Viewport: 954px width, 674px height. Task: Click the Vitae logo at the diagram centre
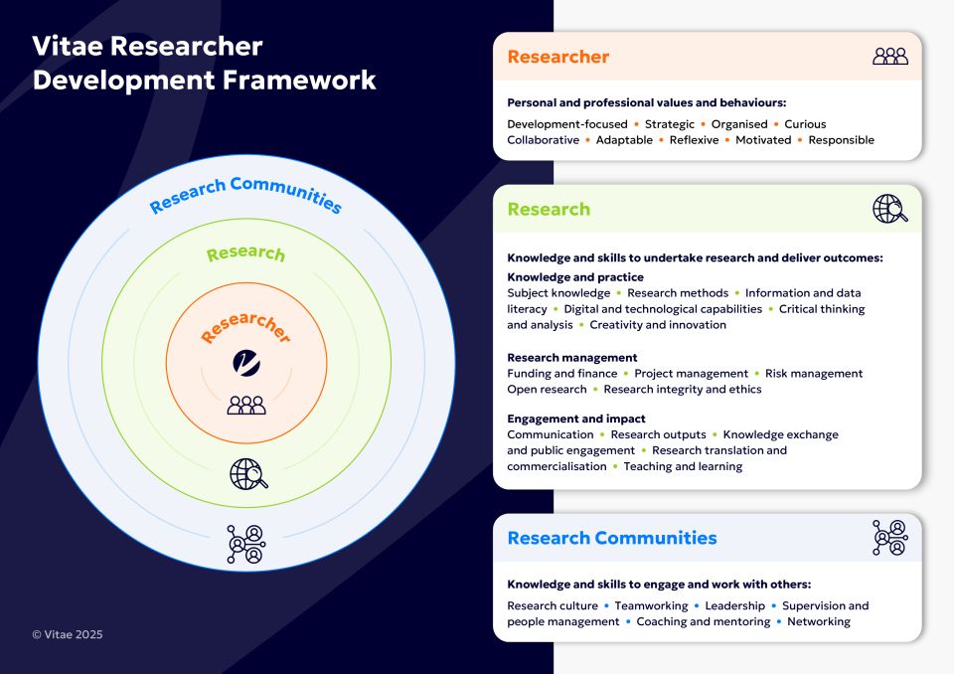coord(245,363)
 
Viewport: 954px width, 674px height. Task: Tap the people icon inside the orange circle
coord(246,405)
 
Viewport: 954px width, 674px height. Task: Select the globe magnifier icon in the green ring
coord(248,474)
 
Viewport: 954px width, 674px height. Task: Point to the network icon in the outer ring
coord(245,544)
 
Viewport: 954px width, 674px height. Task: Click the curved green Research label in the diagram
coord(245,254)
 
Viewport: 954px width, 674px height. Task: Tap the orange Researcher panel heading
coord(557,57)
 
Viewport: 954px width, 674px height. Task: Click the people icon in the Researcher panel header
coord(889,57)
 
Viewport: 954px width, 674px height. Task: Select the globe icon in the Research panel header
coord(889,209)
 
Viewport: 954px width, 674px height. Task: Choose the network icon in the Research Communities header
coord(889,537)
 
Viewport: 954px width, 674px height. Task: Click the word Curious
coord(805,124)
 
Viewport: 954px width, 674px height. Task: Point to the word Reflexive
coord(694,140)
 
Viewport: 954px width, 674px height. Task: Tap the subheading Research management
coord(571,357)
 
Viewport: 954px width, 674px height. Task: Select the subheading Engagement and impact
coord(575,419)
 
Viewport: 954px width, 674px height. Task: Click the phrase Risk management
coord(813,373)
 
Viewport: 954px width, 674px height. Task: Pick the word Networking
coord(818,621)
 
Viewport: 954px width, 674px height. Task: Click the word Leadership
coord(735,605)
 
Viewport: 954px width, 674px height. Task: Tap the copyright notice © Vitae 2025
coord(68,634)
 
